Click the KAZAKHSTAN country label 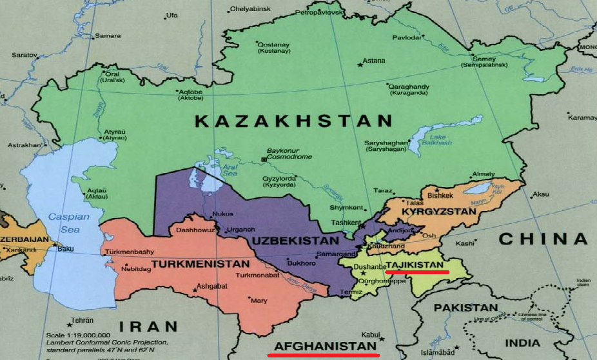(x=293, y=121)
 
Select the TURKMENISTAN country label (x=201, y=265)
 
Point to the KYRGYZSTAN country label (x=438, y=212)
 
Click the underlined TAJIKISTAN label (x=415, y=265)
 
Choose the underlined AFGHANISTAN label (x=324, y=346)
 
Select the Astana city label (x=374, y=61)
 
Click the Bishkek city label (x=441, y=195)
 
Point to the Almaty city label (x=484, y=174)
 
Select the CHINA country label (x=543, y=239)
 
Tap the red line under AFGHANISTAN (x=324, y=354)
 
